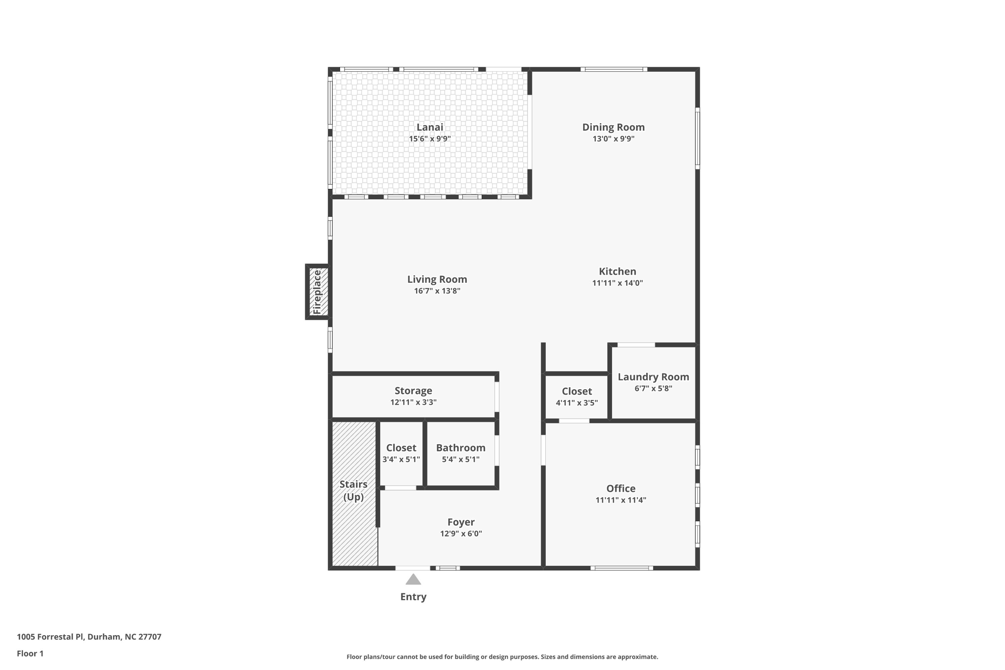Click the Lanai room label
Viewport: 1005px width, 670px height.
click(x=429, y=127)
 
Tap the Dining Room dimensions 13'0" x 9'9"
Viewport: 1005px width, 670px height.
click(x=613, y=139)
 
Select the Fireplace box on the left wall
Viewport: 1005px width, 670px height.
click(x=317, y=292)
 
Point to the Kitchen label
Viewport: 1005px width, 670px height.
click(x=617, y=271)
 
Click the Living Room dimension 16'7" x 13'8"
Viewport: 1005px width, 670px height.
click(x=437, y=291)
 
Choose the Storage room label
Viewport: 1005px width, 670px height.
click(x=413, y=391)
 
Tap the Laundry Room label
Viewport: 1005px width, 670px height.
click(x=653, y=377)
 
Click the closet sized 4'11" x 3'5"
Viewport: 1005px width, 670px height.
click(x=577, y=397)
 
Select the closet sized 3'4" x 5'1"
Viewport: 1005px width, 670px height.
click(x=401, y=453)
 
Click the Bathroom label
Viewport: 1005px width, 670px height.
click(x=460, y=448)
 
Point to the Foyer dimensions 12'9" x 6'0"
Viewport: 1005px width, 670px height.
click(x=461, y=534)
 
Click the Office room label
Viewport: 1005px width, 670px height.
click(x=620, y=488)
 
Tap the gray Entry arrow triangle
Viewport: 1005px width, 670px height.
click(x=413, y=580)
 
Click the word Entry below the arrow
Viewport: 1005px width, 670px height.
click(x=413, y=597)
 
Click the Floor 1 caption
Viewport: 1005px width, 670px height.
click(x=30, y=653)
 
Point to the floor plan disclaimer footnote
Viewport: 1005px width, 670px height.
click(x=502, y=657)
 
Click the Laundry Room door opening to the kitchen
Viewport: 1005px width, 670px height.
click(x=636, y=345)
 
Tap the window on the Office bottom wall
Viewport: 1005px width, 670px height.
click(x=621, y=568)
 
